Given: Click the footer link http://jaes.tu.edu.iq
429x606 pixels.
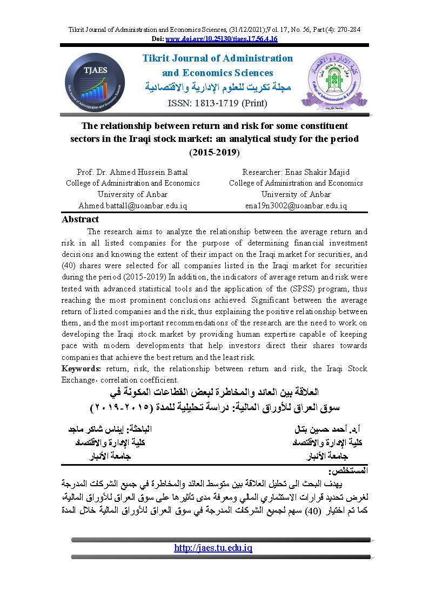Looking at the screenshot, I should [213, 548].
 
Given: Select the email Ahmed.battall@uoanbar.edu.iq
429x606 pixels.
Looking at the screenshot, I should [132, 206].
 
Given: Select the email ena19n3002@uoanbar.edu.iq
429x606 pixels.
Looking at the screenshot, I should [296, 206].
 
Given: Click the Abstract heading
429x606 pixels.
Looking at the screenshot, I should [81, 219].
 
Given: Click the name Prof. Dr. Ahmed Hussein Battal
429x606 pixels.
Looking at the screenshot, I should [132, 172].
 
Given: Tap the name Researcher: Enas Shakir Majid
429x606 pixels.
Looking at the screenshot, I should [296, 172].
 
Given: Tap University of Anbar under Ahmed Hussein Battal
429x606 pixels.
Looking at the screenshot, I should [132, 194].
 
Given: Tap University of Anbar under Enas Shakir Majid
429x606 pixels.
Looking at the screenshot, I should [296, 194].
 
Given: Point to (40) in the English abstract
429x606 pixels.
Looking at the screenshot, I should [71, 265].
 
